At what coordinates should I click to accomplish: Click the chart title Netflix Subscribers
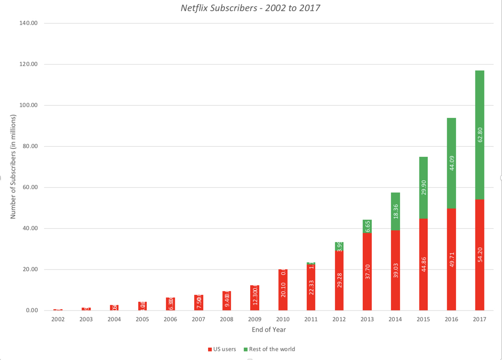(x=251, y=8)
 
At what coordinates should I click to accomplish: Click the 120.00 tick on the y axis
(x=29, y=65)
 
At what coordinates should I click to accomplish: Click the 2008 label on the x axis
(x=227, y=319)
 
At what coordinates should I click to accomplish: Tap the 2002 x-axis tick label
(x=58, y=319)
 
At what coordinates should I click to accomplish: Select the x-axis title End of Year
(x=269, y=330)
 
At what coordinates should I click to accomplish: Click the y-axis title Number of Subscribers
(x=13, y=167)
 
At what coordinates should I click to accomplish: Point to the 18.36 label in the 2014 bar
(x=395, y=212)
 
